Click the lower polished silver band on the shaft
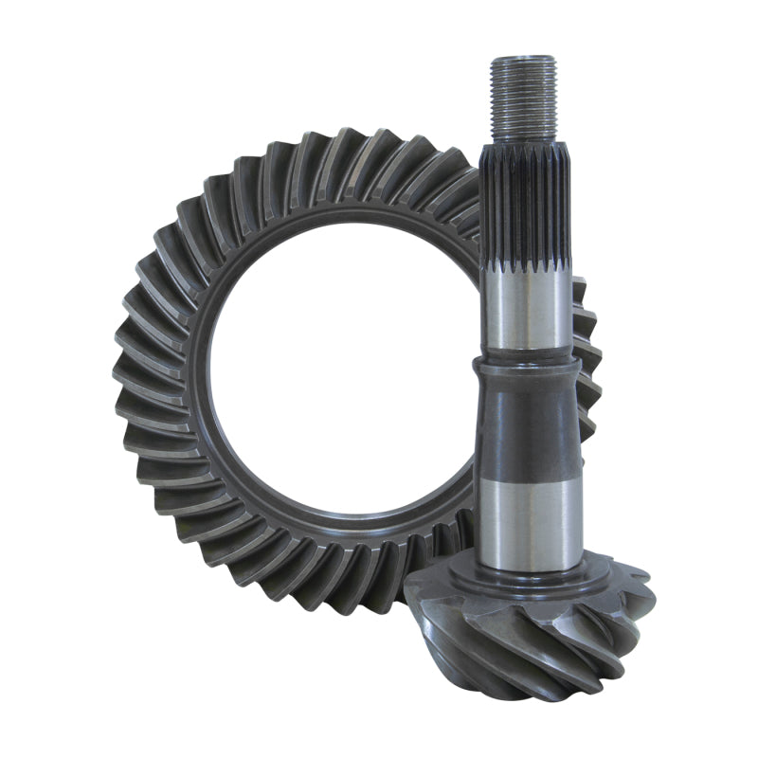point(528,521)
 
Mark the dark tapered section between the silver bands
point(528,426)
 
